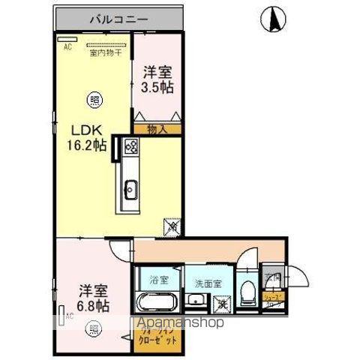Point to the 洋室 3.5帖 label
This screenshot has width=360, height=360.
coord(157,80)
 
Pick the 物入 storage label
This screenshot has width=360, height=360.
coord(157,128)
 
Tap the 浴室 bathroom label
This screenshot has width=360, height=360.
coord(158,281)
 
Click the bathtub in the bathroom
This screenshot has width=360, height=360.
coord(157,304)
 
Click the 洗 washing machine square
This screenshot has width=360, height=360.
coord(222,304)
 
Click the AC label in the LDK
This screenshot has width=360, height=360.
coord(66,46)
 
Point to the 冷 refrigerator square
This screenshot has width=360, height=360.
coord(171,223)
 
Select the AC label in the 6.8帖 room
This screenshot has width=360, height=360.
coord(68,316)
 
